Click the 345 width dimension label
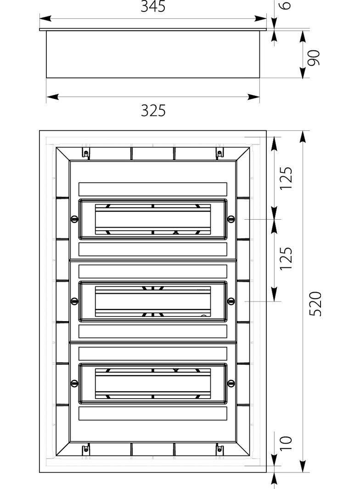[153, 6]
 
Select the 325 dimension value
[153, 111]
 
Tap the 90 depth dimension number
[314, 58]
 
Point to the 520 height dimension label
[315, 304]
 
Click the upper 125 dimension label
[287, 178]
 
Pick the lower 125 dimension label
[287, 259]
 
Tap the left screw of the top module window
[74, 219]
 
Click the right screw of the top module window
[231, 219]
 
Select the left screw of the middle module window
[74, 301]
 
